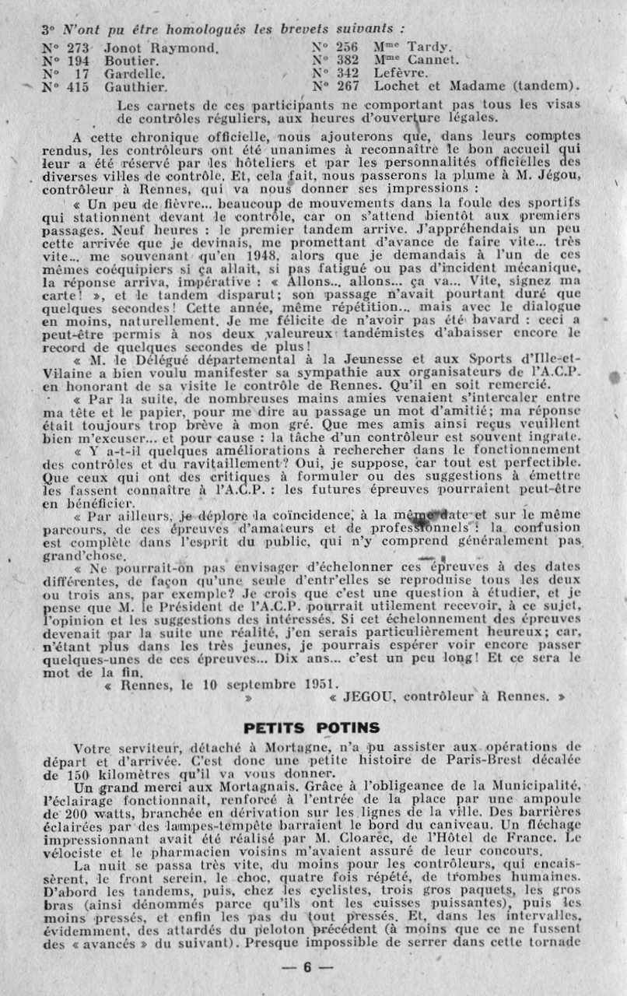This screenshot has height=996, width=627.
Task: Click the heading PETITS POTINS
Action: [312, 728]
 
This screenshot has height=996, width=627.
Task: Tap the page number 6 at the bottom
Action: [307, 968]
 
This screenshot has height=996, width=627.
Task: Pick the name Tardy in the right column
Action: [429, 46]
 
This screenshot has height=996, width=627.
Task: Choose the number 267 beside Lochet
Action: [346, 86]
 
